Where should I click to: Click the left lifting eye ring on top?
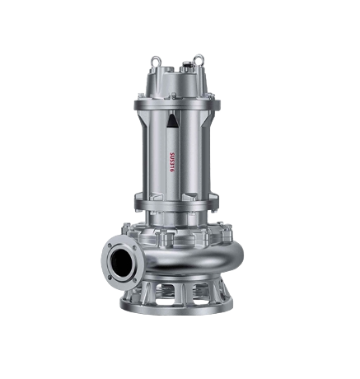[x=155, y=59]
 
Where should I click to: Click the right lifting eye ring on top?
[x=198, y=58]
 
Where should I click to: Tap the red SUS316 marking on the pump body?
[x=172, y=162]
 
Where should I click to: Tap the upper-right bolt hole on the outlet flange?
[x=134, y=248]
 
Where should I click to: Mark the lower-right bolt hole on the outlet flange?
[x=134, y=280]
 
